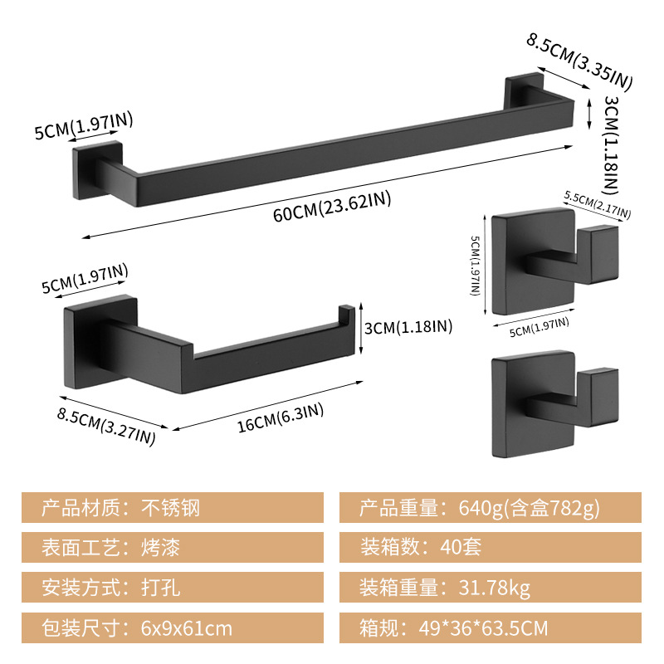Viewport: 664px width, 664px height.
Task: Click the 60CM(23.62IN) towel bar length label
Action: tap(332, 207)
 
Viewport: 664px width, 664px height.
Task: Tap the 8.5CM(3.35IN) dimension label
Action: tap(579, 62)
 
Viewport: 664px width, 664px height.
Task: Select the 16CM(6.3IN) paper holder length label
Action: tap(281, 418)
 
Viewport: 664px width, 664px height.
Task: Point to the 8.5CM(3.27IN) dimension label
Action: tap(106, 427)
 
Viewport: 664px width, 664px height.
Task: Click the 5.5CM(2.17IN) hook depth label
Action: tap(597, 205)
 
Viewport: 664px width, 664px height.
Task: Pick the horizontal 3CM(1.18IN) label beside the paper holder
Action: tap(408, 327)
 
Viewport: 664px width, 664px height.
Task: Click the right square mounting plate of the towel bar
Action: tap(524, 90)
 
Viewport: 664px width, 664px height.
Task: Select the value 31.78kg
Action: tap(494, 588)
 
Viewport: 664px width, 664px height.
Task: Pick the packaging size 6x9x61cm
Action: tap(186, 628)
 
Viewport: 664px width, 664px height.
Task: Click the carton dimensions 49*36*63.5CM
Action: tap(483, 628)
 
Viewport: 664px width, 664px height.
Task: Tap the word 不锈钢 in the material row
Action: tap(170, 507)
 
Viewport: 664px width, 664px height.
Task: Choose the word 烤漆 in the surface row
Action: tap(160, 547)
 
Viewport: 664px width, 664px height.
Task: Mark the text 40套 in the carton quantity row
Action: tap(461, 547)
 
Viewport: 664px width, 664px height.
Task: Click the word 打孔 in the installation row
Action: tap(160, 588)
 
